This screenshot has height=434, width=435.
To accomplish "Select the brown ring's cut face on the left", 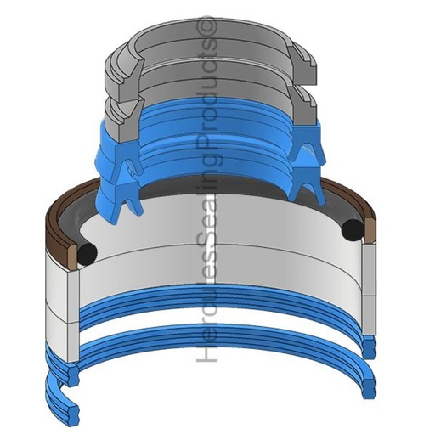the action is [x=72, y=256].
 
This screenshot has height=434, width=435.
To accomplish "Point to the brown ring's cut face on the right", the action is [x=370, y=230].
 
